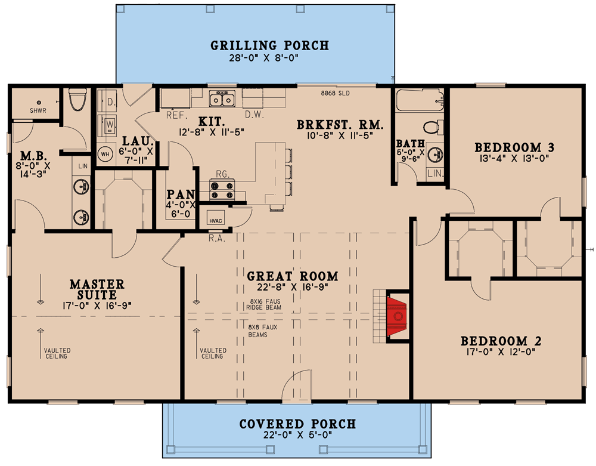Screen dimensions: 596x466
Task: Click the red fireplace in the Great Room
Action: click(397, 316)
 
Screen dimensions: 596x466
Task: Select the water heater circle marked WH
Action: click(105, 154)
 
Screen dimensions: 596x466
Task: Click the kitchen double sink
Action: click(222, 99)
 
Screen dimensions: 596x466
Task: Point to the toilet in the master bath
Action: click(78, 100)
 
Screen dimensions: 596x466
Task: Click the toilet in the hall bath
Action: click(433, 127)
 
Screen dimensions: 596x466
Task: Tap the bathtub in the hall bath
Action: click(420, 100)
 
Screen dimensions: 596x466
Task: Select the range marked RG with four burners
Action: click(222, 190)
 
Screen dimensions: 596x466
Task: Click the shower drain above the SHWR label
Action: click(39, 103)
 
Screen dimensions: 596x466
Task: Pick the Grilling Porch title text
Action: click(269, 46)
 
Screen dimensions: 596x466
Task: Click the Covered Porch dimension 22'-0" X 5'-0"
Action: click(297, 435)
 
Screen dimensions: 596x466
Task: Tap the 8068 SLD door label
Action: click(335, 93)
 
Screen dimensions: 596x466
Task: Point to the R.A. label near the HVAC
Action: click(217, 239)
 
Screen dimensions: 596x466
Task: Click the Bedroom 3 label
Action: click(514, 147)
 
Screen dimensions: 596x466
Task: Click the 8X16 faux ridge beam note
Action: click(264, 304)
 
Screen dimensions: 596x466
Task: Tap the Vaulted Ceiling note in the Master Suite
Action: click(57, 353)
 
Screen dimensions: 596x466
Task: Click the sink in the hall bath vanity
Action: click(435, 155)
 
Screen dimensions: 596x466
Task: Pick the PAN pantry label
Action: click(181, 195)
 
